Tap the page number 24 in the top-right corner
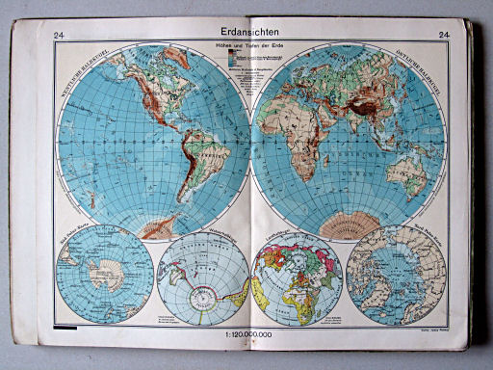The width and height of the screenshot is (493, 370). [x=445, y=37]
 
